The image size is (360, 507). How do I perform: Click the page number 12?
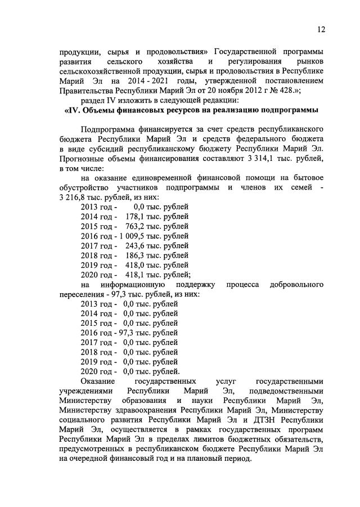coord(321,29)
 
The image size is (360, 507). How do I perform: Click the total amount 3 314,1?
coord(264,159)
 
